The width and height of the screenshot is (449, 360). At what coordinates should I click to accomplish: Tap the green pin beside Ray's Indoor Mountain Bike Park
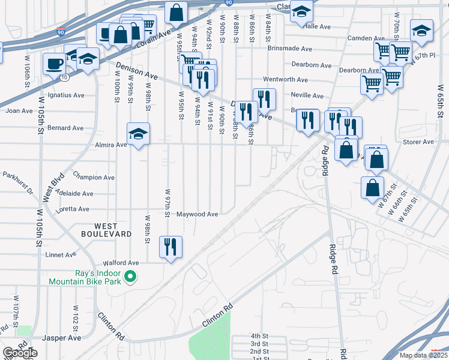click(129, 277)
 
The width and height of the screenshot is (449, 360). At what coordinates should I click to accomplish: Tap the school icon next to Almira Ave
click(138, 134)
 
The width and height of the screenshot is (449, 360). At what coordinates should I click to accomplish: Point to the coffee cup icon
click(54, 63)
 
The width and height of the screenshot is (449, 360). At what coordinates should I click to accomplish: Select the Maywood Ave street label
click(197, 214)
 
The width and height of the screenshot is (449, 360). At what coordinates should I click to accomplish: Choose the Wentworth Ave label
click(285, 80)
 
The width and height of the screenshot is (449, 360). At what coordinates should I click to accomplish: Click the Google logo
click(20, 353)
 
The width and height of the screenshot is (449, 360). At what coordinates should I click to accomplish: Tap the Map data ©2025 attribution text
click(423, 355)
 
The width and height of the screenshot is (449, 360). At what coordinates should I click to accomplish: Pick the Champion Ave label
click(94, 178)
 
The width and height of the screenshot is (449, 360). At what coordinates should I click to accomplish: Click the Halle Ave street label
click(318, 27)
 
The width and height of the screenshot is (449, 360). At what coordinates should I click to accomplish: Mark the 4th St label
click(259, 336)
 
